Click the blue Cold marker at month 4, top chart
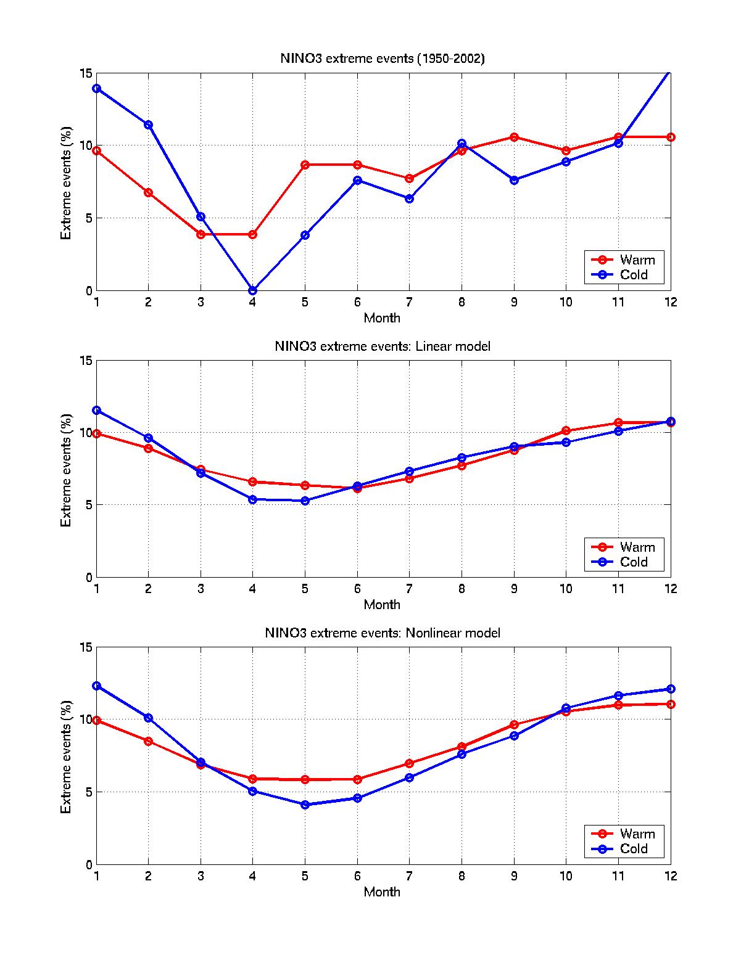[x=252, y=290]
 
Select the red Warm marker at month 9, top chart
[x=514, y=137]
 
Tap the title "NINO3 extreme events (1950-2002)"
[x=383, y=59]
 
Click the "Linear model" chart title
[x=383, y=346]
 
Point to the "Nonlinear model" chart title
[x=383, y=633]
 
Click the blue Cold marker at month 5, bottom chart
[x=305, y=805]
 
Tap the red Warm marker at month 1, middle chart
[x=96, y=433]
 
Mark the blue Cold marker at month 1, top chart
[x=96, y=88]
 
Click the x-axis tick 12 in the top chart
[x=671, y=302]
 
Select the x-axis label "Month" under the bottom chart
[x=382, y=891]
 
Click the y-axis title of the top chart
[x=66, y=182]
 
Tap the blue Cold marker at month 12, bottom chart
[x=671, y=689]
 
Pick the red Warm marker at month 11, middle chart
[x=618, y=423]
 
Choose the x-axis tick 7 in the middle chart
[x=409, y=589]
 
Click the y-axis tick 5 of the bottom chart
[x=89, y=792]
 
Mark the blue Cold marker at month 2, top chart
[x=148, y=125]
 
